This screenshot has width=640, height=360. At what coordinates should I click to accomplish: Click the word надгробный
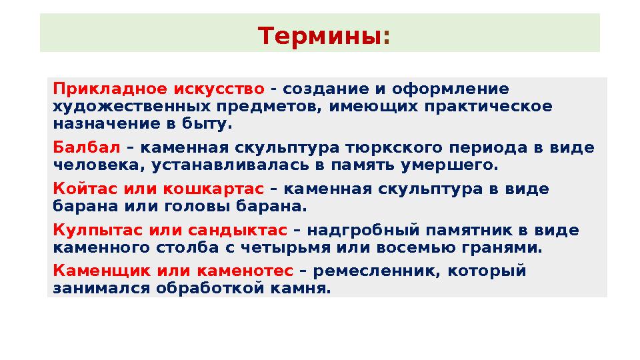click(363, 230)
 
